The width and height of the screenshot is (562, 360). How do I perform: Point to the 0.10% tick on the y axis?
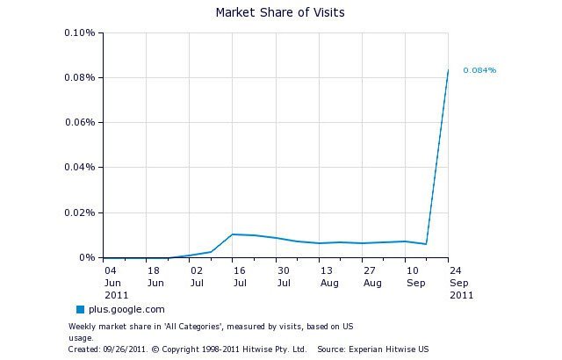pyautogui.click(x=79, y=33)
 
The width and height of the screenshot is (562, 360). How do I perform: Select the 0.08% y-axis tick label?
pyautogui.click(x=79, y=78)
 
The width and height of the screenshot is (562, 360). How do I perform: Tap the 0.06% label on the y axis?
pyautogui.click(x=79, y=123)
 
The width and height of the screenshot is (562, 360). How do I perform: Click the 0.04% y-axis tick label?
pyautogui.click(x=79, y=168)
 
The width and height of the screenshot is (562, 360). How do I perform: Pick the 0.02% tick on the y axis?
pyautogui.click(x=79, y=212)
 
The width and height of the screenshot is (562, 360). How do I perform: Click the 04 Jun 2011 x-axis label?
pyautogui.click(x=112, y=283)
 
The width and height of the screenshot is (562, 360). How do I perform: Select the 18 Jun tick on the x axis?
pyautogui.click(x=155, y=277)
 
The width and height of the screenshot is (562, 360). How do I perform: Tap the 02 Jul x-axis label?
pyautogui.click(x=198, y=277)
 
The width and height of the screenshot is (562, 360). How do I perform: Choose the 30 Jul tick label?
pyautogui.click(x=284, y=277)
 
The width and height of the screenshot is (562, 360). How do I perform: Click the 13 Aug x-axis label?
pyautogui.click(x=328, y=277)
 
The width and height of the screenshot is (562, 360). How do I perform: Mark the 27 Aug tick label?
pyautogui.click(x=371, y=277)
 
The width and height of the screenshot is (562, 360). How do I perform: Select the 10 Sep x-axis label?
pyautogui.click(x=414, y=277)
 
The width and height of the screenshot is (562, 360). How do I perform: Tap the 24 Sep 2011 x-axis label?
pyautogui.click(x=458, y=283)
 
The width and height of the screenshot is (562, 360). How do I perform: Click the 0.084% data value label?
pyautogui.click(x=479, y=70)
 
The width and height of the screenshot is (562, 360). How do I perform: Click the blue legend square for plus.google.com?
pyautogui.click(x=80, y=309)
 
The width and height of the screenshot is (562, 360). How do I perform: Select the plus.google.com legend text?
pyautogui.click(x=125, y=309)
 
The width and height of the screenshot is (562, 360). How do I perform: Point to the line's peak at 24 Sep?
pyautogui.click(x=448, y=70)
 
